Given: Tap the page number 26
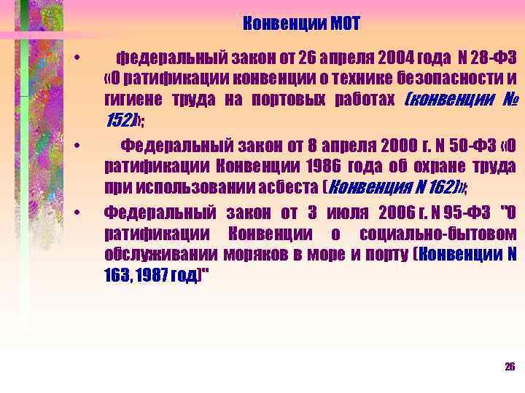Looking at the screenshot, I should tap(510, 366).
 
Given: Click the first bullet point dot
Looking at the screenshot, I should tap(85, 57).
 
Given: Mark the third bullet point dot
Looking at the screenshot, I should tap(85, 213).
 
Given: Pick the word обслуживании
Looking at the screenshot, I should tap(151, 255).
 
